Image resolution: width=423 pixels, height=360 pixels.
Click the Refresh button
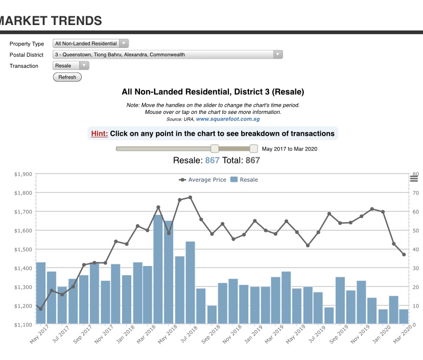click(x=67, y=77)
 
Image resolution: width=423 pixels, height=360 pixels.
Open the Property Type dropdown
click(x=91, y=43)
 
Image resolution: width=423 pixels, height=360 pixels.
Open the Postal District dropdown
click(x=168, y=55)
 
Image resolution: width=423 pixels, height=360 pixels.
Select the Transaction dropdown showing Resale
click(x=70, y=66)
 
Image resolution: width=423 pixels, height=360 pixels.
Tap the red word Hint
click(x=99, y=134)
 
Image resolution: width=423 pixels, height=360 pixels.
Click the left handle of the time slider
click(x=215, y=149)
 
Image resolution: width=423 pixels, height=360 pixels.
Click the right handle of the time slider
click(x=253, y=149)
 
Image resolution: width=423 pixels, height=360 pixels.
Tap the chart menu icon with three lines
click(x=414, y=178)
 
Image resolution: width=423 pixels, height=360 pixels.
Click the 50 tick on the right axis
click(x=416, y=231)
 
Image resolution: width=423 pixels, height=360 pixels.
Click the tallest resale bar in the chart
click(x=158, y=270)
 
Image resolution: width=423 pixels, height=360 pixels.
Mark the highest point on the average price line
click(x=190, y=197)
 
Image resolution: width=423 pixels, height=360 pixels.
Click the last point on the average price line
click(x=404, y=254)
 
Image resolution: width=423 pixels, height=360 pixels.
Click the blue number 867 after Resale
click(x=212, y=160)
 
